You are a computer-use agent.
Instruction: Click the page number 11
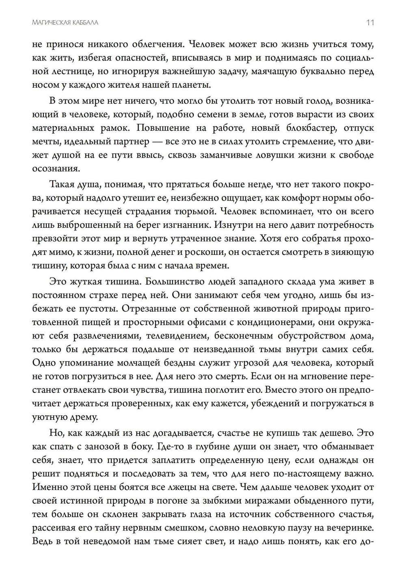[370, 23]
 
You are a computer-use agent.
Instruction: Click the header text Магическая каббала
[65, 23]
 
